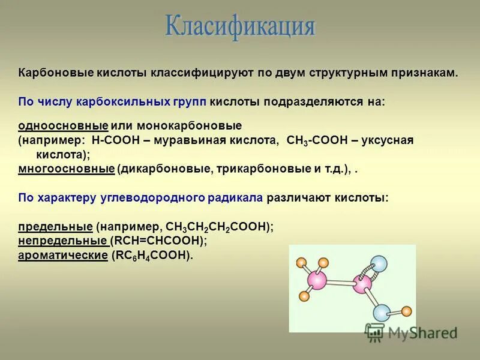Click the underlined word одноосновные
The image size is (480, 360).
coord(63,126)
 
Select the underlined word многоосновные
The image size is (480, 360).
coord(66,169)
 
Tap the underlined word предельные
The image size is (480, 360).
coord(55,227)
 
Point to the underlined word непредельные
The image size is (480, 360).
coord(62,241)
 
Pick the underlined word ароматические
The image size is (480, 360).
coord(62,255)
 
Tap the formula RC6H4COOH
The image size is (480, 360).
coord(151,255)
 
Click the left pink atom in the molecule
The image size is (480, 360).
coord(318,280)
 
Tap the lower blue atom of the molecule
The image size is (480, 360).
coord(382,313)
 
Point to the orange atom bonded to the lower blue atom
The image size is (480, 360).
coord(407,311)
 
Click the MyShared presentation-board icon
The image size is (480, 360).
coord(375,332)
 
